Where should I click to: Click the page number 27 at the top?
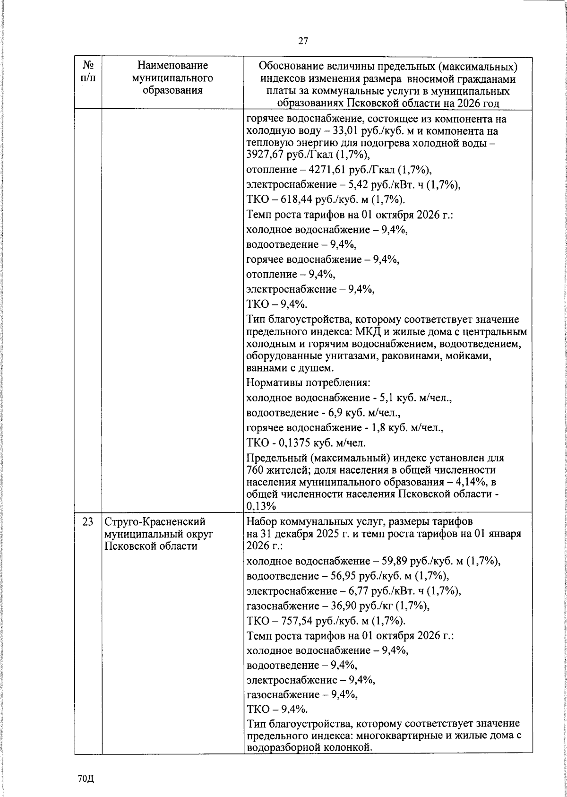pos(303,41)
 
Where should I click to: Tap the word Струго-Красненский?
pos(155,522)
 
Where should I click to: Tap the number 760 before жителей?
pos(255,470)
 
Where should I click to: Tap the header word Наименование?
pos(172,65)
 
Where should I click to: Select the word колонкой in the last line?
pos(345,747)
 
